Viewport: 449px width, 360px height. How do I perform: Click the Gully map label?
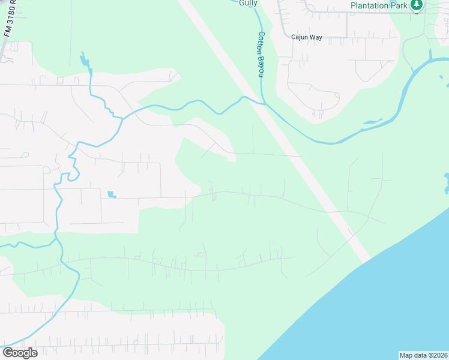click(x=247, y=3)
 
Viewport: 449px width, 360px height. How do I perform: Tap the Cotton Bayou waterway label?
click(x=261, y=54)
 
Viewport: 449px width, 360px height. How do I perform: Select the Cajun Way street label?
click(x=307, y=37)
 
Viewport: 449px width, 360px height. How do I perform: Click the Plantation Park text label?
click(x=379, y=5)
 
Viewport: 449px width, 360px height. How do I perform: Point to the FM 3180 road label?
click(x=8, y=21)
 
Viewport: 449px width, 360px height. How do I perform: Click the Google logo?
click(x=20, y=352)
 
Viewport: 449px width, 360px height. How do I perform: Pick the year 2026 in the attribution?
click(x=438, y=355)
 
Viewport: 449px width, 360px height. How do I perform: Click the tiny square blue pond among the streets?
click(x=110, y=194)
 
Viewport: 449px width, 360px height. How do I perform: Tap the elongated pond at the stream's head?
click(x=85, y=60)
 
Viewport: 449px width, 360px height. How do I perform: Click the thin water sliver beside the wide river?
click(x=372, y=122)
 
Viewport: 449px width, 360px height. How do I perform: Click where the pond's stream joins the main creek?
click(x=122, y=118)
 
